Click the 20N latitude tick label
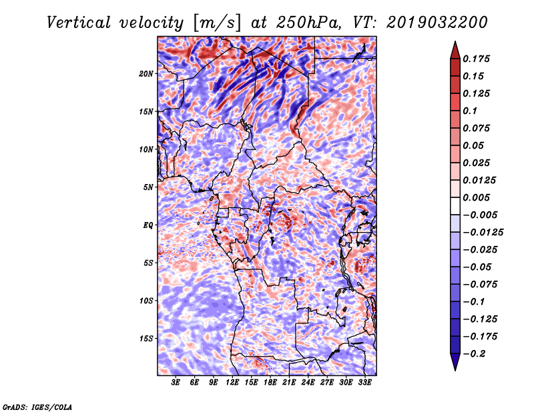point(146,73)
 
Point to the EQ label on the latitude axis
point(148,225)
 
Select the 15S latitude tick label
point(146,339)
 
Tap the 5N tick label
point(148,187)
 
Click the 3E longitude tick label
point(176,383)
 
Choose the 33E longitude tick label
point(364,383)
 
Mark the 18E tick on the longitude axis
point(270,383)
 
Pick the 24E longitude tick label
point(308,383)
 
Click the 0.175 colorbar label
point(477,59)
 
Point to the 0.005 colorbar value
point(477,197)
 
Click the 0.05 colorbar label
point(474,145)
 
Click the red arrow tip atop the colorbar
point(454,48)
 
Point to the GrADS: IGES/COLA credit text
point(37,406)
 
